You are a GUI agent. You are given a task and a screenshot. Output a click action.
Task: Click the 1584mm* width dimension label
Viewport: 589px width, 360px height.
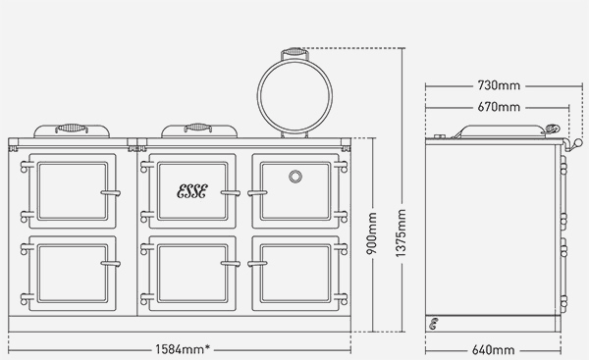187,349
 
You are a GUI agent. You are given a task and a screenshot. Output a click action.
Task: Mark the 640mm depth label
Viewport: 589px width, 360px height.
494,349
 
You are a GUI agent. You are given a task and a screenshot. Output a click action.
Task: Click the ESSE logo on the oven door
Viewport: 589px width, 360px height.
191,190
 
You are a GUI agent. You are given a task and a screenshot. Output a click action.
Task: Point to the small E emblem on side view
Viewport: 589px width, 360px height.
433,323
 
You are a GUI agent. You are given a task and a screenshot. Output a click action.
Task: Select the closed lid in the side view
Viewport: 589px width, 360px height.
496,130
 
